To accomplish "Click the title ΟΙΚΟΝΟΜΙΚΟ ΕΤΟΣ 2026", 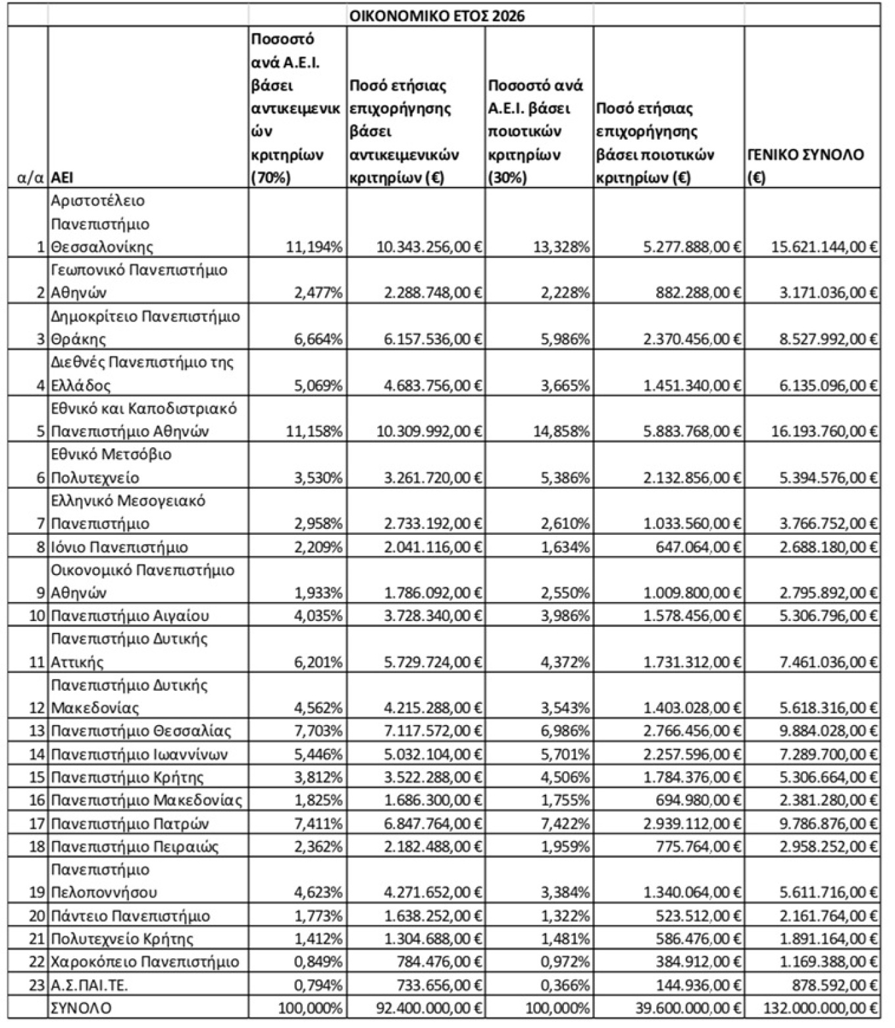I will coord(437,16).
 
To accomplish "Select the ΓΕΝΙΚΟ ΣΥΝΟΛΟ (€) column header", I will coord(805,166).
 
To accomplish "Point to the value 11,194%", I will coord(314,248).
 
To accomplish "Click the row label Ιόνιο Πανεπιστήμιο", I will coord(119,547).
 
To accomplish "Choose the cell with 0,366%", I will coord(563,985).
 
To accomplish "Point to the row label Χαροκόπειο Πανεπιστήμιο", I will coord(145,962).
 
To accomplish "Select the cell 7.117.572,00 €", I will coord(433,731).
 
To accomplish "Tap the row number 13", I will coord(37,731).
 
